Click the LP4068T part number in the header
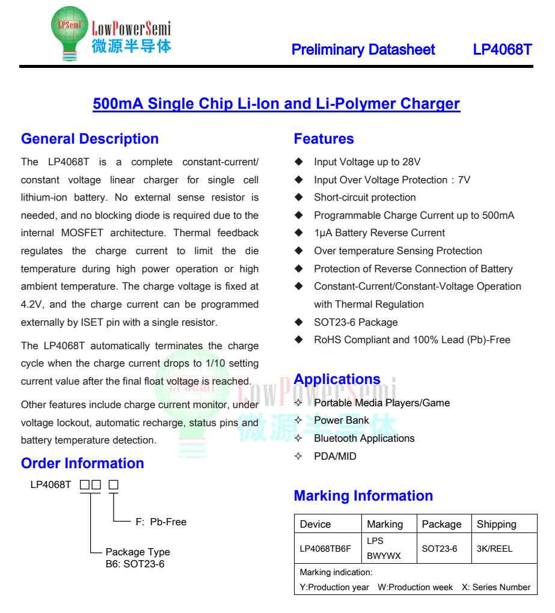pos(502,50)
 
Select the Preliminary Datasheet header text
pos(363,50)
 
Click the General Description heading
pos(90,139)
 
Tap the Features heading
pos(323,139)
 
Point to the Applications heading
pos(337,379)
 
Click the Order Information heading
pos(82,463)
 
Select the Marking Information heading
pos(363,496)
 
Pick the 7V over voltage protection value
pos(464,180)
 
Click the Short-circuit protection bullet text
pos(364,197)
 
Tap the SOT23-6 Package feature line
pos(355,322)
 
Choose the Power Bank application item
pos(341,420)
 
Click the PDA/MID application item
pos(335,456)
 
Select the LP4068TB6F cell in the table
pos(325,549)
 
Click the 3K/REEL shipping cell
pos(494,549)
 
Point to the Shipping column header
pos(496,524)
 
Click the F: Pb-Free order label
pos(161,522)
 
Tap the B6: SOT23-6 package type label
pos(135,564)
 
